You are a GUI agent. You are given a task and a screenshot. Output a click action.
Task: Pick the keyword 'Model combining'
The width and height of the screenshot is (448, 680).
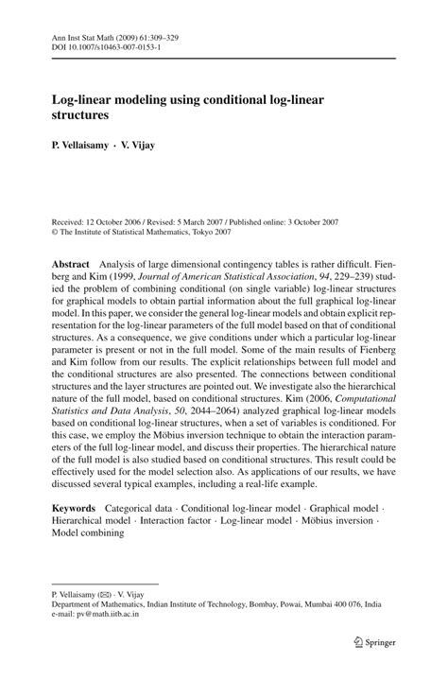point(88,533)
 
